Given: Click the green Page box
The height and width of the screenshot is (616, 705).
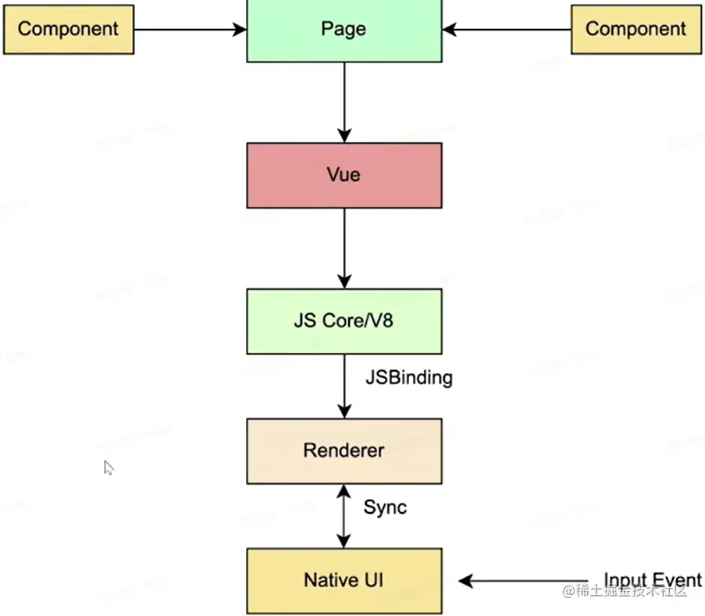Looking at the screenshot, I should (344, 30).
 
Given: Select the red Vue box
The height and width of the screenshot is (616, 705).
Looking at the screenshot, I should (344, 175).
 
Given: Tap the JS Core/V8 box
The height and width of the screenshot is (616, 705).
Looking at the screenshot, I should (344, 321).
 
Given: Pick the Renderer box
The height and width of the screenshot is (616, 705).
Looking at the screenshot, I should (344, 450).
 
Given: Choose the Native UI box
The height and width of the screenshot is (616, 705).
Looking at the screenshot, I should (344, 580).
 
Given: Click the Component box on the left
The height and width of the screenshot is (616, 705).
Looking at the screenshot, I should (68, 30).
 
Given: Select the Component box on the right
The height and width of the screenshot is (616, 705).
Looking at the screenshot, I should (636, 30).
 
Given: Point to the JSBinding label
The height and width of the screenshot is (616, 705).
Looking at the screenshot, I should (408, 378).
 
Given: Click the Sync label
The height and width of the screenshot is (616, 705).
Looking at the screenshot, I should (385, 507).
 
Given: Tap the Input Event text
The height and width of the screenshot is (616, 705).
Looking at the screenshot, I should (652, 580).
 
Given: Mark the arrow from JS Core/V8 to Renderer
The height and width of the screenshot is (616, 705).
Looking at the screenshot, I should (344, 386).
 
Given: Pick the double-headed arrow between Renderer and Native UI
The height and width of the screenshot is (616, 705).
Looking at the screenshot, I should (344, 515).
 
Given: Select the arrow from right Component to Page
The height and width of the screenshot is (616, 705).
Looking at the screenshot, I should (507, 30).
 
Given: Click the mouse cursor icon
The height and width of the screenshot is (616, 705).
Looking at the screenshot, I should (109, 468).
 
